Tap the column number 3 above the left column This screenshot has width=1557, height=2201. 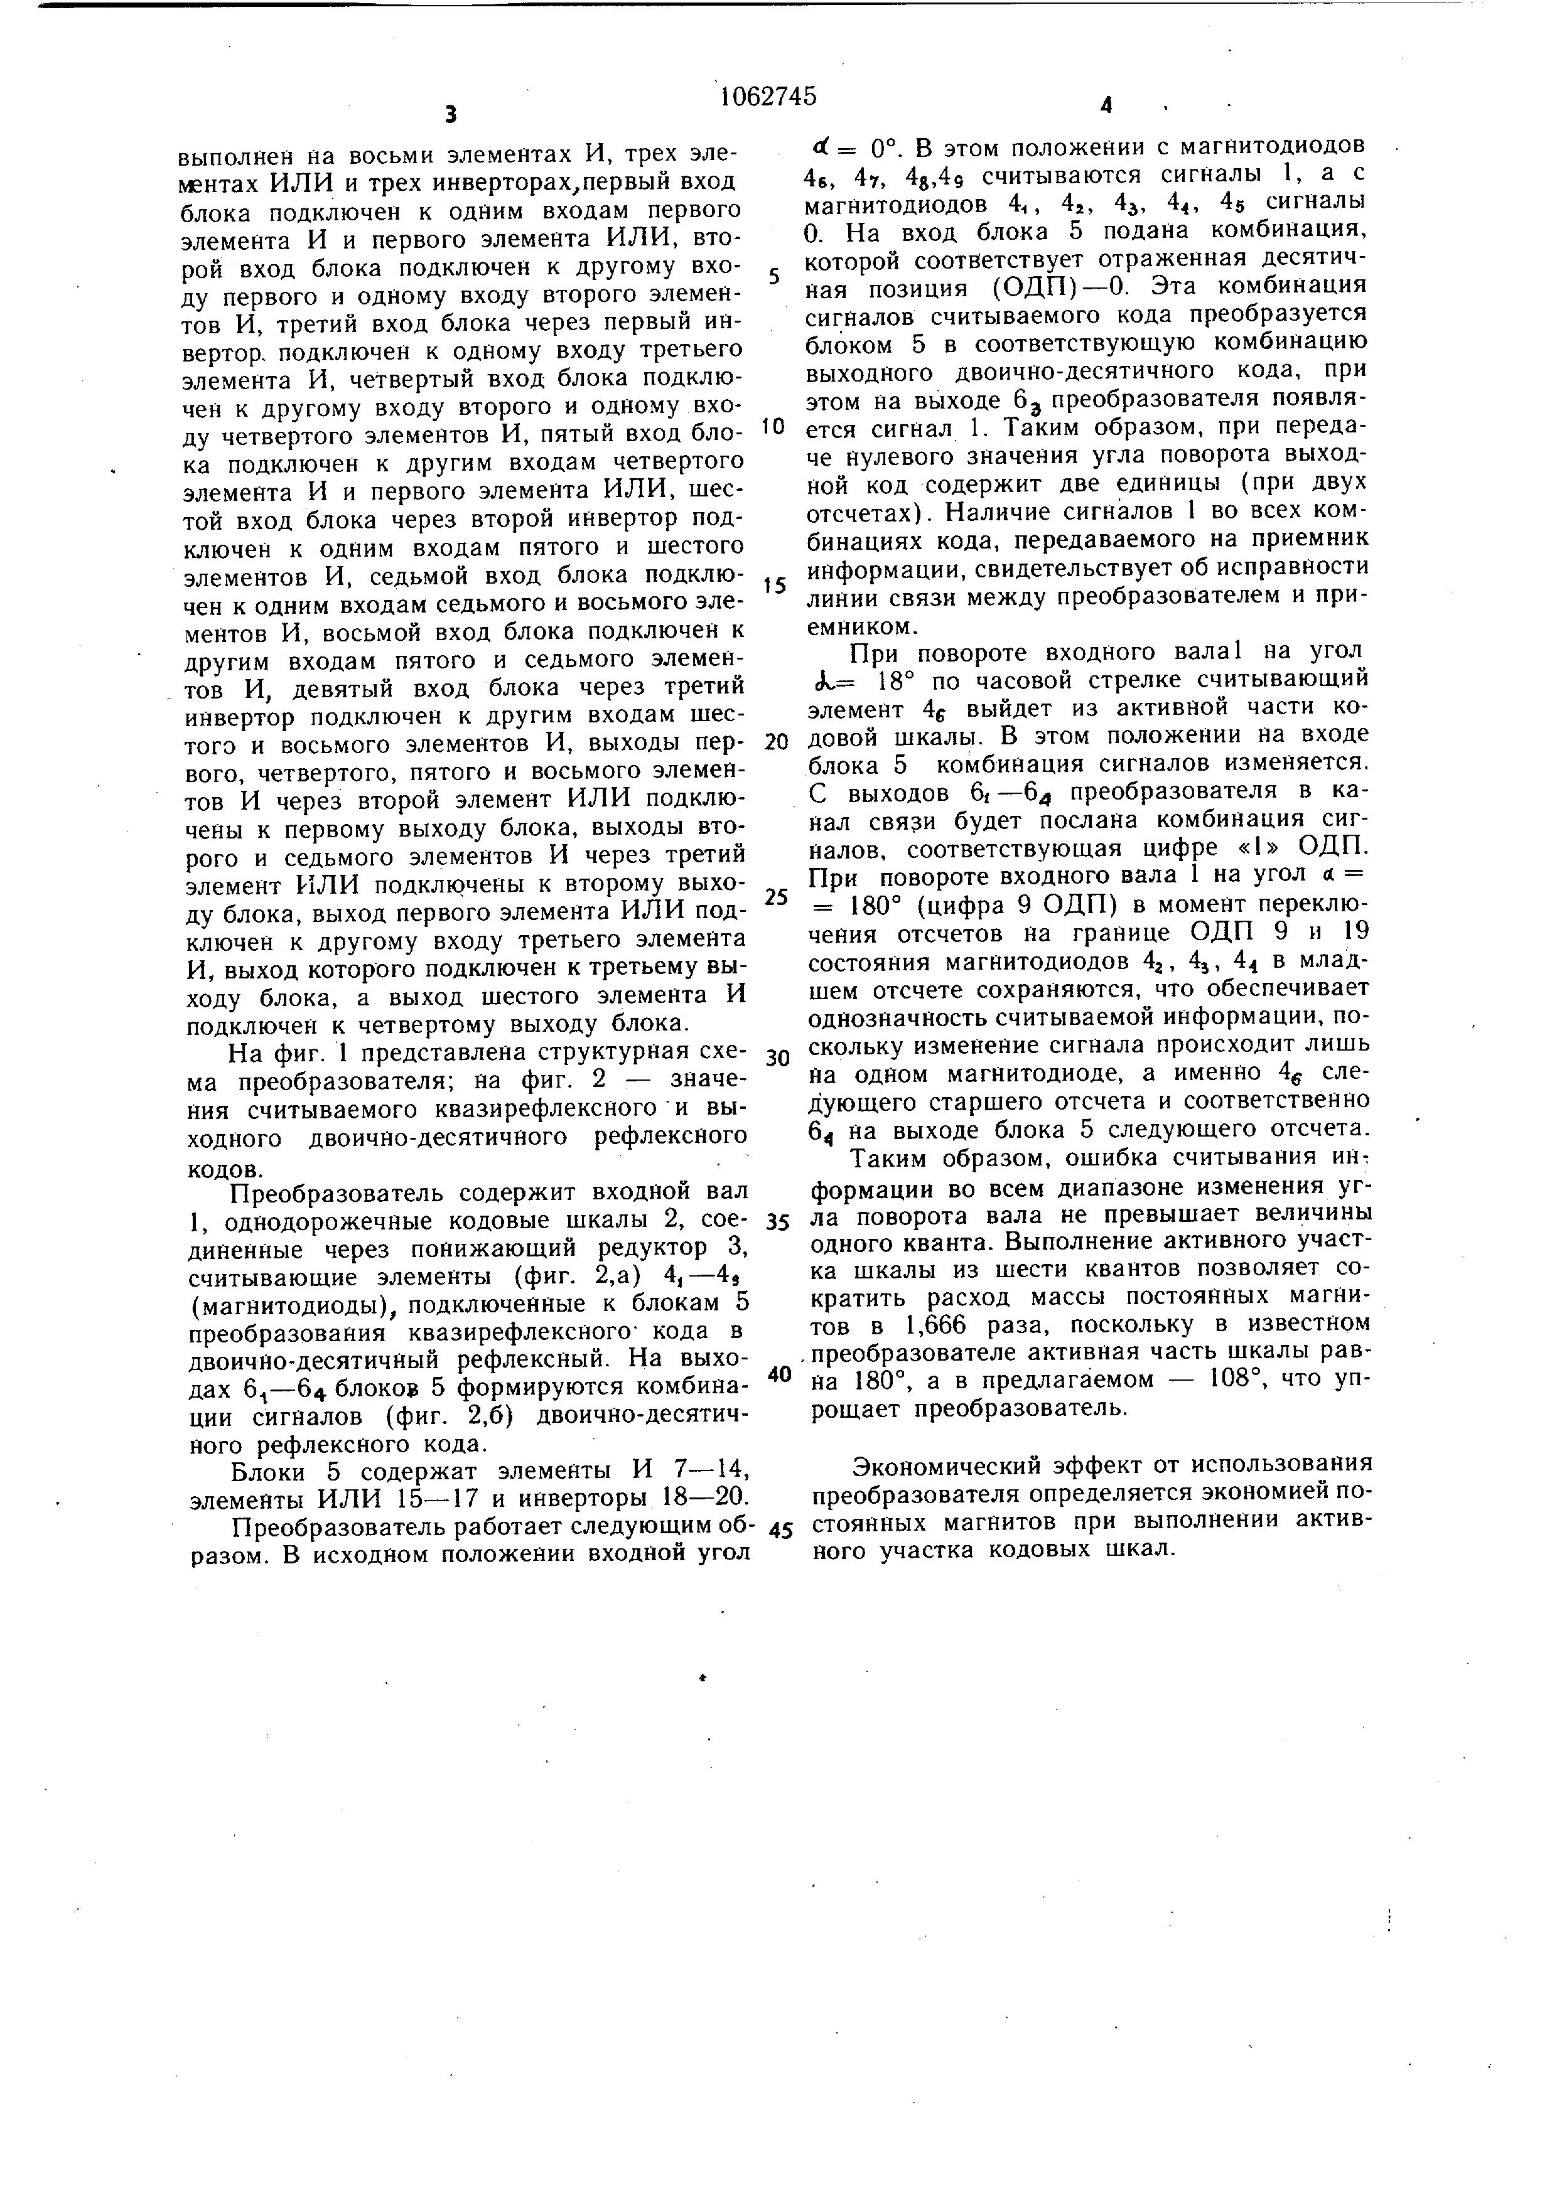451,115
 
